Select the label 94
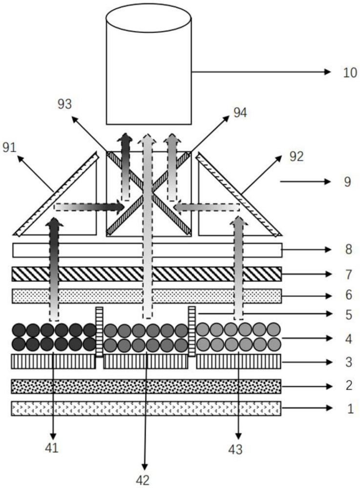coord(240,113)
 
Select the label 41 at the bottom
coord(52,447)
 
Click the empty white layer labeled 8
coord(147,250)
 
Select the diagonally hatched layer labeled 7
coord(147,274)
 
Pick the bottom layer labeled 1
coord(147,408)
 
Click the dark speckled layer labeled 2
coord(147,386)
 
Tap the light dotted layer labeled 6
coord(147,296)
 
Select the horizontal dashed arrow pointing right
coord(88,207)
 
